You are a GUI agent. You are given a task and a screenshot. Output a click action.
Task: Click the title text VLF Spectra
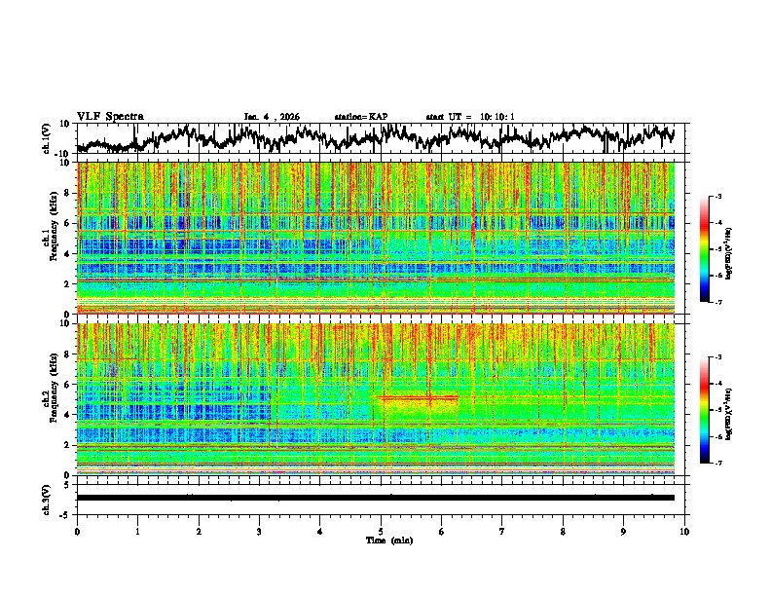coord(109,116)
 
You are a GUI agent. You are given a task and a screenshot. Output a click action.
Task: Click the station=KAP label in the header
coord(361,117)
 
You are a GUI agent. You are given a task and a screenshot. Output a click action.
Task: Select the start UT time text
coord(470,117)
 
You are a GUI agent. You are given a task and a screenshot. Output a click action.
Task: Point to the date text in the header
coord(272,117)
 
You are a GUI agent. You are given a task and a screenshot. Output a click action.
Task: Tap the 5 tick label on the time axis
coord(381,531)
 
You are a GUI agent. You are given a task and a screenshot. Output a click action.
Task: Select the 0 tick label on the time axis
coord(77,531)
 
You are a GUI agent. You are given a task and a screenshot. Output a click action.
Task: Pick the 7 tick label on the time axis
coord(502,531)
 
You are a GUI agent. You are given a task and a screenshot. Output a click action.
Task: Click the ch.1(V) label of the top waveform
coord(48,138)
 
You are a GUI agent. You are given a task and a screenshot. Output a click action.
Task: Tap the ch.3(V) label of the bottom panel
coord(48,497)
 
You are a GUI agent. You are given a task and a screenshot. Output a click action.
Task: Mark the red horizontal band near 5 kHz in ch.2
coord(419,398)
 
